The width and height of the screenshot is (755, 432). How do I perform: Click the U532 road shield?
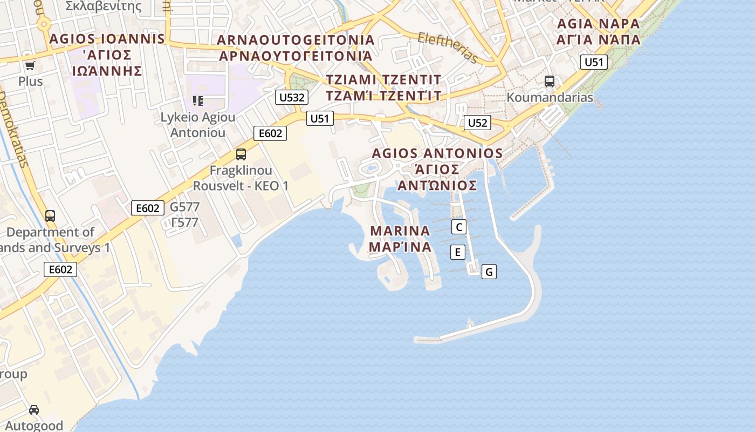click(x=292, y=97)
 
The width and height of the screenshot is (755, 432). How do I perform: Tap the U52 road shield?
click(x=477, y=123)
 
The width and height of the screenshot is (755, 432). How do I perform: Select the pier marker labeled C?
click(x=458, y=227)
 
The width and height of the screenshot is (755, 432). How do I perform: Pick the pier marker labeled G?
click(x=489, y=272)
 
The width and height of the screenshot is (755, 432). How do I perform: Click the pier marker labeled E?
click(x=457, y=252)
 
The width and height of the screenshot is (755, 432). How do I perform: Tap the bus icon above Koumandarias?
click(x=549, y=82)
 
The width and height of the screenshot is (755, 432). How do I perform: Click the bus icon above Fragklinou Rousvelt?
click(x=241, y=154)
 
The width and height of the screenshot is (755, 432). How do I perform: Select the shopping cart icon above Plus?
click(x=30, y=66)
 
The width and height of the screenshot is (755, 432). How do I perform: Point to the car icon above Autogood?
click(x=34, y=409)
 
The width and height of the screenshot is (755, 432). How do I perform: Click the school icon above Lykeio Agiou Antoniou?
click(x=198, y=100)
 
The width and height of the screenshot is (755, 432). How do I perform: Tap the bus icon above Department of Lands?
click(x=50, y=216)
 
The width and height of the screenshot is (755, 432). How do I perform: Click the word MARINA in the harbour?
click(x=400, y=231)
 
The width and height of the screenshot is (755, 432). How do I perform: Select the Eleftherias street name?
click(x=448, y=48)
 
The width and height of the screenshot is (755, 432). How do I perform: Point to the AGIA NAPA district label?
click(x=598, y=24)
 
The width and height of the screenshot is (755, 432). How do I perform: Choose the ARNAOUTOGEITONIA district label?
click(x=296, y=40)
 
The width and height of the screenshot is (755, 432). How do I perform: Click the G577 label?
click(x=184, y=207)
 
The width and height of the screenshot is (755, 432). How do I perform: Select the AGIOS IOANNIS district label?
click(x=107, y=39)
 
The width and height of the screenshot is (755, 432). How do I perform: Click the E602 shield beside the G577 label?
click(x=147, y=208)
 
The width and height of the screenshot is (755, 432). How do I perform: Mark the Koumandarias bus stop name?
click(x=550, y=98)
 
